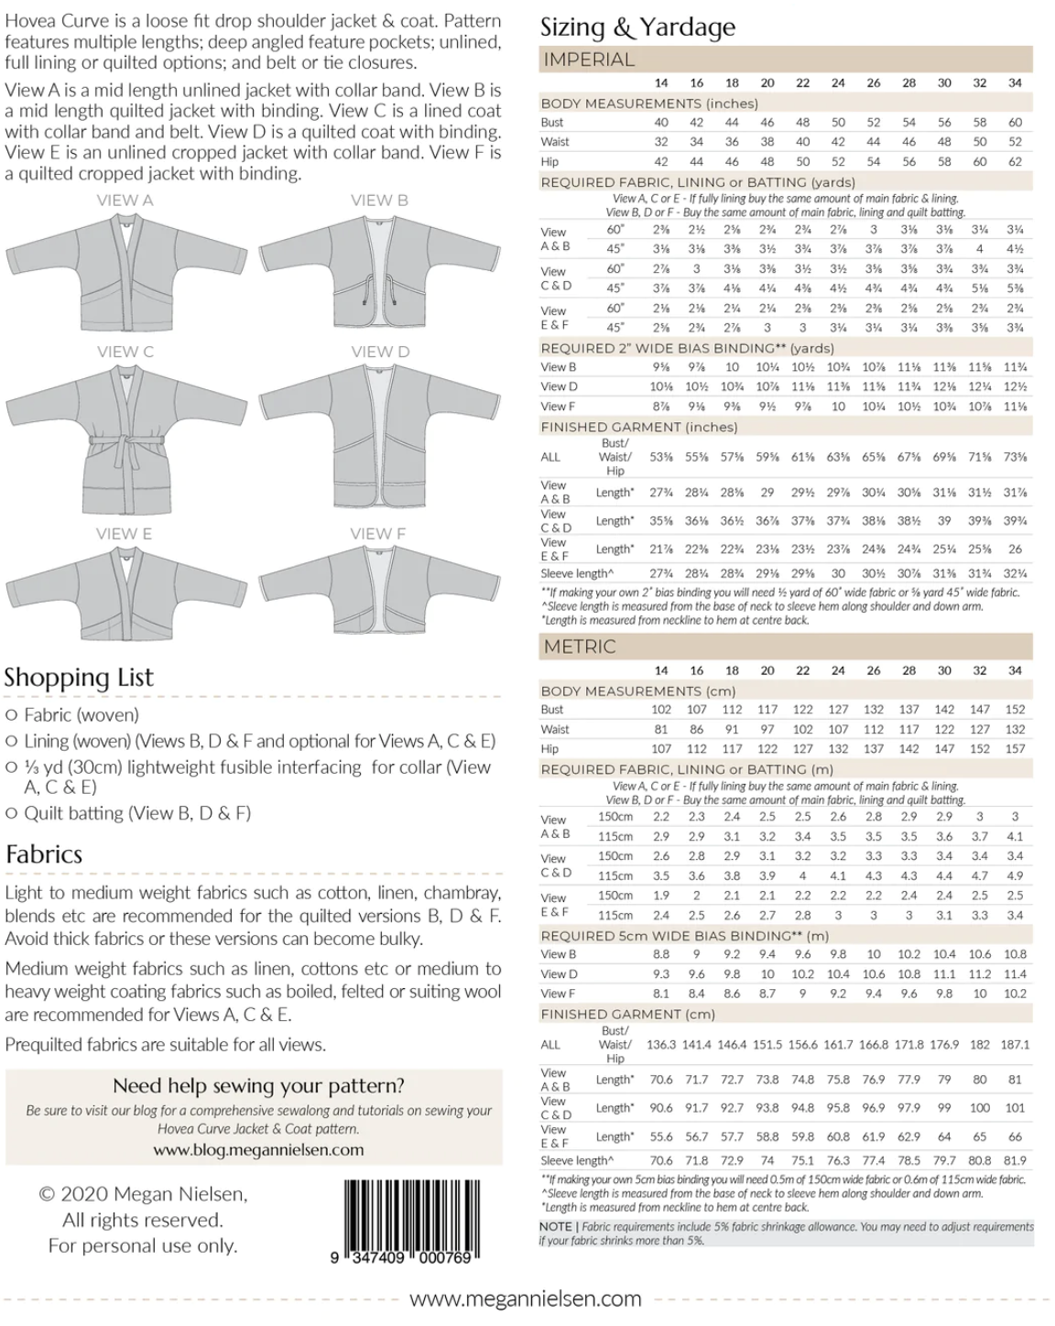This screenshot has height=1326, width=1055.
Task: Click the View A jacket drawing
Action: pyautogui.click(x=125, y=266)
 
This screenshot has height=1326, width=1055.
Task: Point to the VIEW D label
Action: pyautogui.click(x=379, y=352)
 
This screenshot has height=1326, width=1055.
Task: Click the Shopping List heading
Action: pyautogui.click(x=79, y=678)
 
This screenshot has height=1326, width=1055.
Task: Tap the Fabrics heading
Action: pyautogui.click(x=44, y=854)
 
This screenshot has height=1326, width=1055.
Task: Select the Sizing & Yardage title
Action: pyautogui.click(x=637, y=27)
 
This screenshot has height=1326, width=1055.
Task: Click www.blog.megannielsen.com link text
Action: pyautogui.click(x=258, y=1150)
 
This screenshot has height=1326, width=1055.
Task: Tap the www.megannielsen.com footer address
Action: pyautogui.click(x=525, y=1299)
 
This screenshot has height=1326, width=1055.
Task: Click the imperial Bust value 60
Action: pyautogui.click(x=1015, y=122)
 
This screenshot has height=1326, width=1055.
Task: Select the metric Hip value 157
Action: pyautogui.click(x=1015, y=749)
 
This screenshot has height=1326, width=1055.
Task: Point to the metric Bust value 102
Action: pyautogui.click(x=661, y=710)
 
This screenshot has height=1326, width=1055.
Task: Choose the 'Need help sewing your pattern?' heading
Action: pyautogui.click(x=258, y=1086)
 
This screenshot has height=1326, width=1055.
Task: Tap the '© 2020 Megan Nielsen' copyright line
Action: pyautogui.click(x=143, y=1194)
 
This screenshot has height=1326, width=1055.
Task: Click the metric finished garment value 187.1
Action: pyautogui.click(x=1015, y=1044)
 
